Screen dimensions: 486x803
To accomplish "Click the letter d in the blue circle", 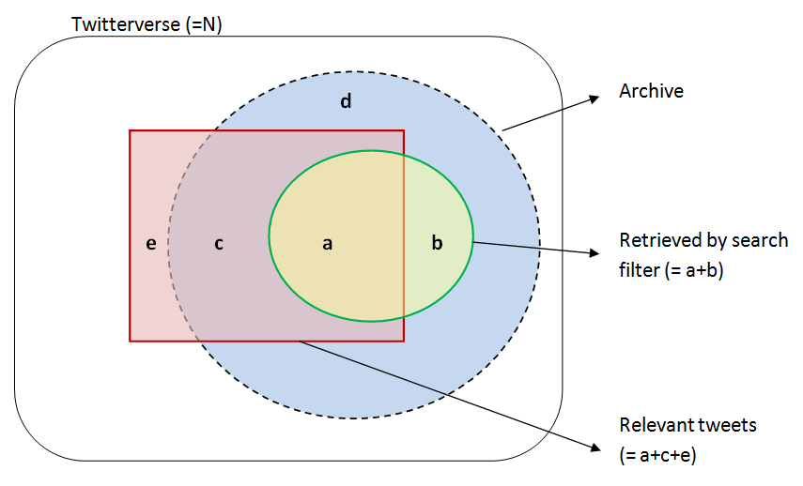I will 346,101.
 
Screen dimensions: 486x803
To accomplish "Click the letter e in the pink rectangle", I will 151,244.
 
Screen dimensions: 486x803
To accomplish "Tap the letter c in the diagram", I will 219,244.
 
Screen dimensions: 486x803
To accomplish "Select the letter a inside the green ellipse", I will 327,244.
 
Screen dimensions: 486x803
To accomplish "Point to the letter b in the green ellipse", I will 437,244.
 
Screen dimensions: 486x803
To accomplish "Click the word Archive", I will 651,91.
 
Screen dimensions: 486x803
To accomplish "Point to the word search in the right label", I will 763,240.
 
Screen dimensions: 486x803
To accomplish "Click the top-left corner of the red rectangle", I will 131,131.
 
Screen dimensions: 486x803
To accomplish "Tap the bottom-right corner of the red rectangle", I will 404,341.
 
